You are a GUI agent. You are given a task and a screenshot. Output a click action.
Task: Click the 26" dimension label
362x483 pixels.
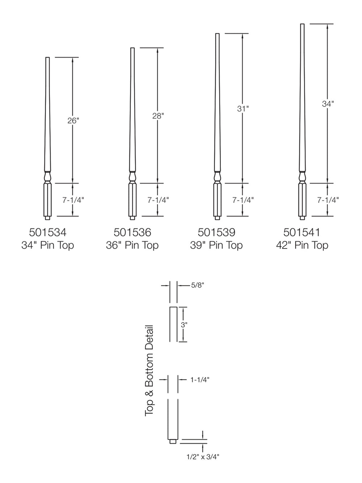pos(73,120)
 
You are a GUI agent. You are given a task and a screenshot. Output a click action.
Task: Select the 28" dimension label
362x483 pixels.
pos(158,116)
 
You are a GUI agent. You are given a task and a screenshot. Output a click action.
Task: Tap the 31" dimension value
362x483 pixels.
pos(243,108)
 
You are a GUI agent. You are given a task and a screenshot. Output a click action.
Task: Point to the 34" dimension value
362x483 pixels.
pos(328,104)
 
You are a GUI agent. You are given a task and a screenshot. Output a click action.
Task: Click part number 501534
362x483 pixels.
pos(48,232)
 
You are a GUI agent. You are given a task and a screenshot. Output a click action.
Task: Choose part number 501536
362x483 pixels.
pos(132,232)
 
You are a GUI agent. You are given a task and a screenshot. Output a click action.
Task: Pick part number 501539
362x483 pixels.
pos(216,232)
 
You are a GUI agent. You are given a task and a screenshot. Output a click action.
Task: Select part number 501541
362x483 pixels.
pos(302,232)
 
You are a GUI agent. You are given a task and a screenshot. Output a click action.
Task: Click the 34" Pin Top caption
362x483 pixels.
pos(48,245)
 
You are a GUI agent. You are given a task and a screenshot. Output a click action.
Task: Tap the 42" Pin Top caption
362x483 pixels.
pos(302,245)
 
